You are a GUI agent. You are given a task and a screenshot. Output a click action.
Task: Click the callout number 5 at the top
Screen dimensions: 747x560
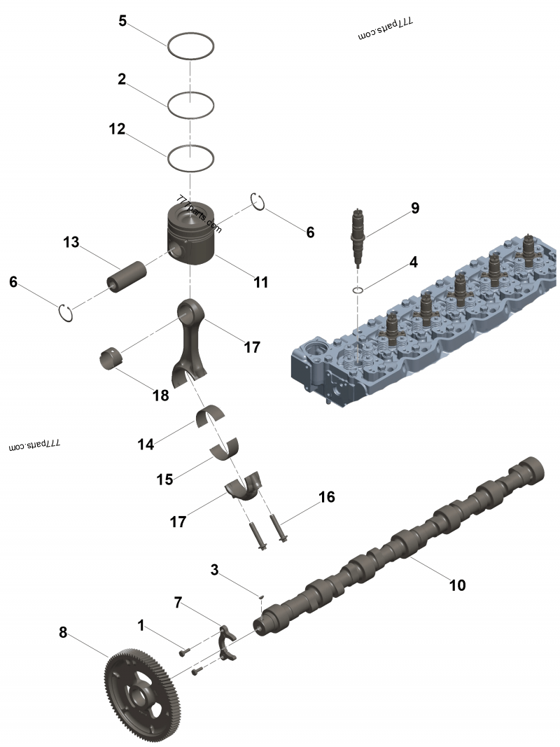tap(122, 20)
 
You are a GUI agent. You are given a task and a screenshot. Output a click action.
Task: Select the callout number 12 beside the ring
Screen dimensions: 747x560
tap(117, 129)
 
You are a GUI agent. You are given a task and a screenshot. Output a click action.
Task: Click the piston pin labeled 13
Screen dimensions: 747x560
tap(125, 275)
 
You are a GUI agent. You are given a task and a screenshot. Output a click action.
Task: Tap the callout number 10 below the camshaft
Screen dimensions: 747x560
tap(457, 584)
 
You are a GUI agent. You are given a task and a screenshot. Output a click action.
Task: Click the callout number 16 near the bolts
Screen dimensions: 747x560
tap(326, 497)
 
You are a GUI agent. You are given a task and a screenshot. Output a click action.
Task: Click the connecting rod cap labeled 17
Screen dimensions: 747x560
tap(244, 487)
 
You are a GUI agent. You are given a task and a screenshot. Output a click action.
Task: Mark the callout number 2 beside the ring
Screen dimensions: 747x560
tap(122, 79)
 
